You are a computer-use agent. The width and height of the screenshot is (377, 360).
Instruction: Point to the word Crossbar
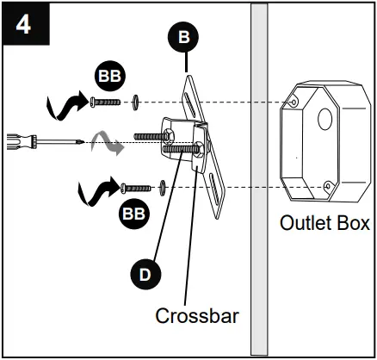[x=196, y=315]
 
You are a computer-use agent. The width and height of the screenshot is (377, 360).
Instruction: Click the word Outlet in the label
[x=305, y=223]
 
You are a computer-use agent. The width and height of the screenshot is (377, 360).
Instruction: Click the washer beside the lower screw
[x=162, y=185]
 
